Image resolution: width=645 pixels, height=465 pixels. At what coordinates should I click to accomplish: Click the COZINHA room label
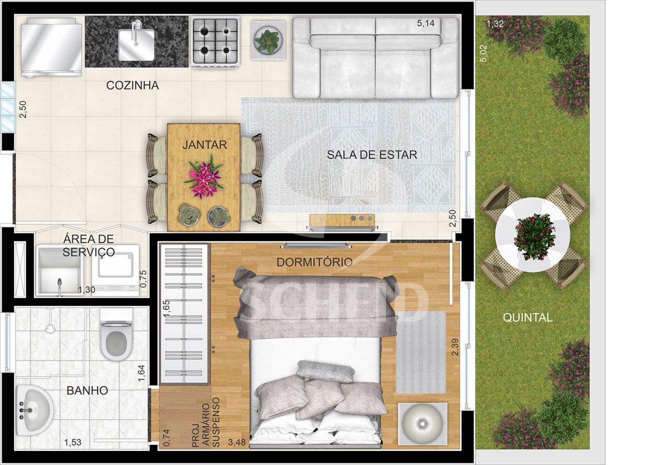click(x=133, y=85)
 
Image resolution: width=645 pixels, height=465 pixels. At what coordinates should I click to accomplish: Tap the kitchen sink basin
click(x=137, y=45)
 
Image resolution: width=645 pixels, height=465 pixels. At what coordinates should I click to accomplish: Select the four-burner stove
click(x=215, y=42)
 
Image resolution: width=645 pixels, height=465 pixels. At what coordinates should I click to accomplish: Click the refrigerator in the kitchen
click(x=51, y=47)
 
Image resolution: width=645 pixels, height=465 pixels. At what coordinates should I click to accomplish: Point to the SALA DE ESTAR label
click(x=372, y=155)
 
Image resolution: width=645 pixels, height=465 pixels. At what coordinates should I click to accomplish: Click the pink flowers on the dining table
click(x=204, y=177)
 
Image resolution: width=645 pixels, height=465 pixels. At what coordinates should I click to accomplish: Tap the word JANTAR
click(x=205, y=145)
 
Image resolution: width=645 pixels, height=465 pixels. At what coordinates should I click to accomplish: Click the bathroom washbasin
click(x=35, y=410)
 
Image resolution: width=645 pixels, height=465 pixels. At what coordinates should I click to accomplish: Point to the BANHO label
click(x=87, y=391)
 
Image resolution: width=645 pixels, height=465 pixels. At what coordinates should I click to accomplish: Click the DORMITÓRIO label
click(x=314, y=262)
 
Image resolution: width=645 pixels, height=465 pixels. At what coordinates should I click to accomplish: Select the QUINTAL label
click(x=528, y=317)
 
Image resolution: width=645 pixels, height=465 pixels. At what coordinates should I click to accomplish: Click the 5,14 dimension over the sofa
click(x=426, y=23)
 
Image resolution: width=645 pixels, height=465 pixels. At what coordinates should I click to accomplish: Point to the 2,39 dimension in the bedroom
click(x=455, y=347)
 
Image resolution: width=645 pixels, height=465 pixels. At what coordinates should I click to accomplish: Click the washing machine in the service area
click(x=116, y=271)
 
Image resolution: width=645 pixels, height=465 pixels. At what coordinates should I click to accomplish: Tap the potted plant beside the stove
click(x=269, y=40)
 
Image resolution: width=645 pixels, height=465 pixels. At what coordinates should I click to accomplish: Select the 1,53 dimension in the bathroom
click(x=73, y=442)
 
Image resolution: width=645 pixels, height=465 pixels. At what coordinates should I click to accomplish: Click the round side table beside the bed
click(x=422, y=424)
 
